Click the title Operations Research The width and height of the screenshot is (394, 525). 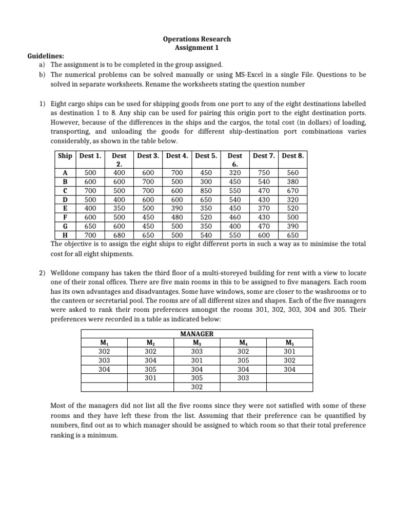tap(197, 39)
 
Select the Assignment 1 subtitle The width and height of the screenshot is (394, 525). tap(197, 47)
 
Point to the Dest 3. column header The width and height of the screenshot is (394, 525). tap(148, 155)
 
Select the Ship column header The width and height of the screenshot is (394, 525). tap(65, 155)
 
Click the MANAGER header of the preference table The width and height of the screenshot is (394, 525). tap(197, 334)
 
